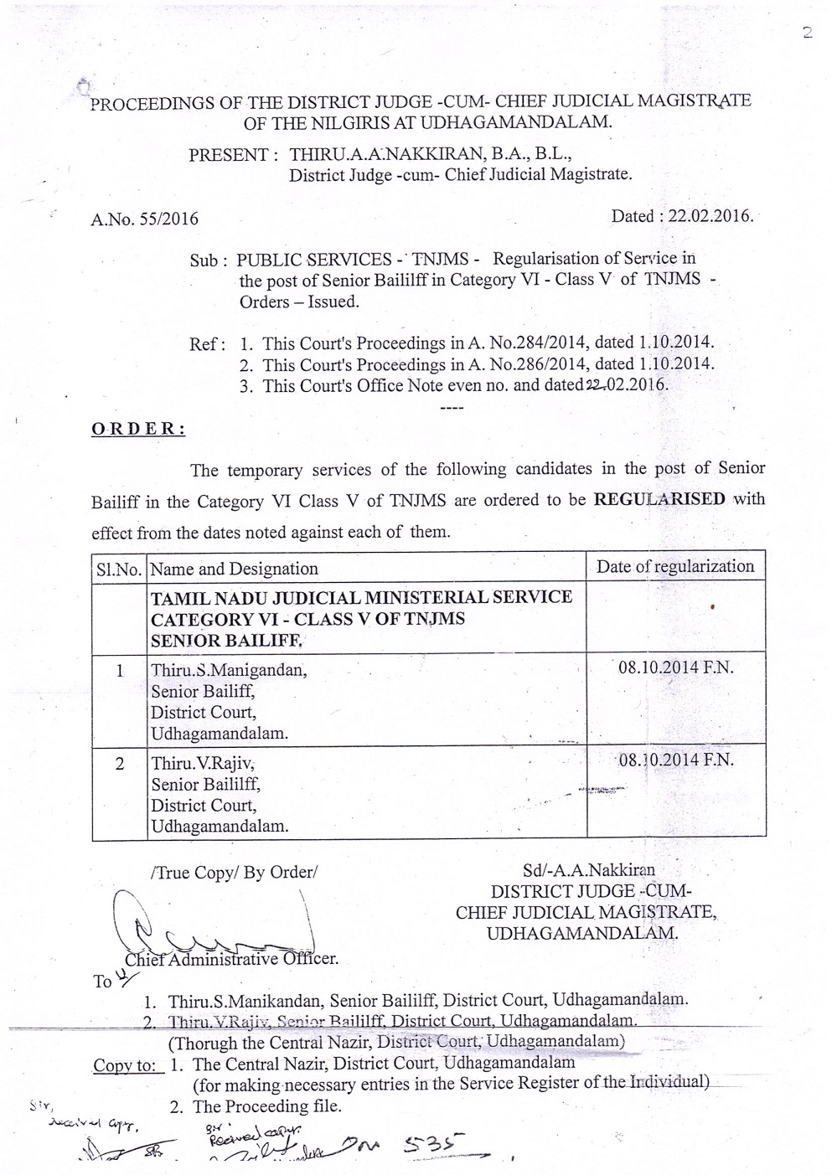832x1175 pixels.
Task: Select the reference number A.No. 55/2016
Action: [144, 219]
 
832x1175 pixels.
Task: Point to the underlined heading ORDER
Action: [138, 429]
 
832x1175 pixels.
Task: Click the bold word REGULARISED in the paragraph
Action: [659, 499]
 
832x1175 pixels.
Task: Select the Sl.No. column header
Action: [119, 569]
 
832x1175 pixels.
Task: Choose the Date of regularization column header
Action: [674, 567]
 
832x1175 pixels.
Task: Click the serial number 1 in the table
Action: [120, 671]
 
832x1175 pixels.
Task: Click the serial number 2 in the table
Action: [120, 764]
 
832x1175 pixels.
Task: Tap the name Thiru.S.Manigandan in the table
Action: [229, 671]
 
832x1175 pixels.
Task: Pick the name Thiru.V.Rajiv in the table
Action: [203, 764]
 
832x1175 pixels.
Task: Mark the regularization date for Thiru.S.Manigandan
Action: [675, 668]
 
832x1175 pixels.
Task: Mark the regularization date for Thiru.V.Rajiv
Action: [675, 760]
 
